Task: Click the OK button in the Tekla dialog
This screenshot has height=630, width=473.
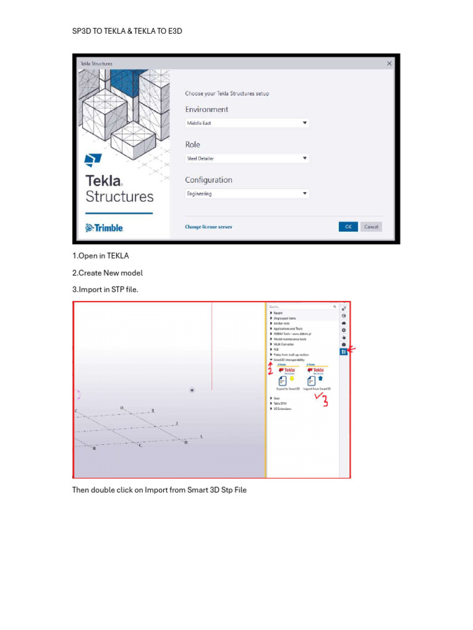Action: coord(348,226)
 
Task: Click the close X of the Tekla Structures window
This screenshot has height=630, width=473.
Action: coord(389,63)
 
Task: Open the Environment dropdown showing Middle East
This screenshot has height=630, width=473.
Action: coord(247,123)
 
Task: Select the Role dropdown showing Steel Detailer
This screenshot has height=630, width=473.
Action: coord(247,158)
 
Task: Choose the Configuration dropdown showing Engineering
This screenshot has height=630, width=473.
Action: coord(247,193)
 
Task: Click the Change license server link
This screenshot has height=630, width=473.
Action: coord(208,226)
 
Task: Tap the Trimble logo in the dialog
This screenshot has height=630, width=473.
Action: coord(105,228)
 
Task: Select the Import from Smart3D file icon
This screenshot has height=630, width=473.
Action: coord(312,381)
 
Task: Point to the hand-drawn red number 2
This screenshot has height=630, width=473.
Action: coord(269,369)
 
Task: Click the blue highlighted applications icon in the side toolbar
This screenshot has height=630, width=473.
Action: coord(344,351)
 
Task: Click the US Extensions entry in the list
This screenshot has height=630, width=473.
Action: coord(283,409)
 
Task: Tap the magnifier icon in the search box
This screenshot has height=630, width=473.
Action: coord(334,306)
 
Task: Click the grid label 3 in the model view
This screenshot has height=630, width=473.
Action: coord(153,410)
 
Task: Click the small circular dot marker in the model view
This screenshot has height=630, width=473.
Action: coord(193,390)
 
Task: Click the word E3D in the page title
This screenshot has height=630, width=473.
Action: coord(175,31)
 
